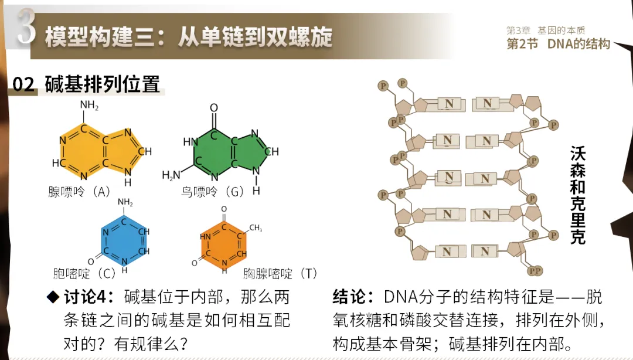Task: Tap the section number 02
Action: pos(23,84)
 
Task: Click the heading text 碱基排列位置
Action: pos(102,84)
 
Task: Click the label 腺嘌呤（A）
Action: pos(80,192)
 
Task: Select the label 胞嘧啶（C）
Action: pos(85,273)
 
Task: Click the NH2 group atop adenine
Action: pos(89,106)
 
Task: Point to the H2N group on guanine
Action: pos(171,175)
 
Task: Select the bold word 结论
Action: pos(352,297)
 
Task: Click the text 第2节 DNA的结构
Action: pos(558,44)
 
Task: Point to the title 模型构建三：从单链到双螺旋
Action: pos(188,37)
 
